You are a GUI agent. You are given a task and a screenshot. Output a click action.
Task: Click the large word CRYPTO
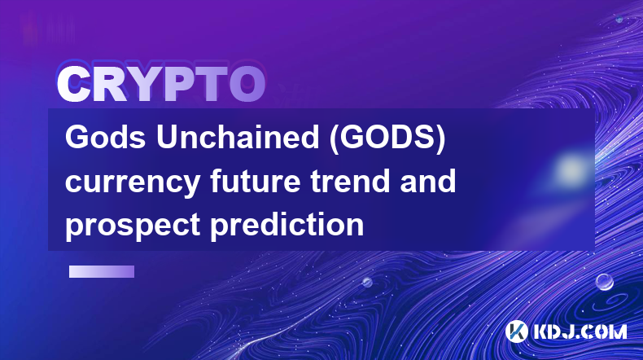point(161,85)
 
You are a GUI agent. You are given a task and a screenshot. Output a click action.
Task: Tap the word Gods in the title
point(105,137)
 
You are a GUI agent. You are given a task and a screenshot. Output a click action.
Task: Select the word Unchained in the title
point(238,137)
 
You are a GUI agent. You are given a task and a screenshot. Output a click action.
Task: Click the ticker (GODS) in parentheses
point(388,138)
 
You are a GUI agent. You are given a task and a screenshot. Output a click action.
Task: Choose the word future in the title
point(256,181)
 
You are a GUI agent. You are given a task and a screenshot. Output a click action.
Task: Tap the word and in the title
point(428,181)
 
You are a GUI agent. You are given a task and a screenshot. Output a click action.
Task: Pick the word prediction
point(287,224)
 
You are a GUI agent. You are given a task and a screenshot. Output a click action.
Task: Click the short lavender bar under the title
point(102,272)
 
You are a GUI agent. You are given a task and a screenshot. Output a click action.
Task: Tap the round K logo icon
point(517,331)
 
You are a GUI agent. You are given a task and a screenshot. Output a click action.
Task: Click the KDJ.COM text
point(580,331)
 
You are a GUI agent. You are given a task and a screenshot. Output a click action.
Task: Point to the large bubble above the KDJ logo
point(605,283)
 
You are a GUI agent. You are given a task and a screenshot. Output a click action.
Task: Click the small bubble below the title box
point(367,282)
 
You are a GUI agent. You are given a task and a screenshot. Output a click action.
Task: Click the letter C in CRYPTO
point(74,85)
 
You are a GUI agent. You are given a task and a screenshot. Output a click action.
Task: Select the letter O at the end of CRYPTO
point(247,85)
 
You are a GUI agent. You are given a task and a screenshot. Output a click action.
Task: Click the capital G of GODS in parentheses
point(354,137)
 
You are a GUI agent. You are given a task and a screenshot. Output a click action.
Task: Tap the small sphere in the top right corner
point(619,19)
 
